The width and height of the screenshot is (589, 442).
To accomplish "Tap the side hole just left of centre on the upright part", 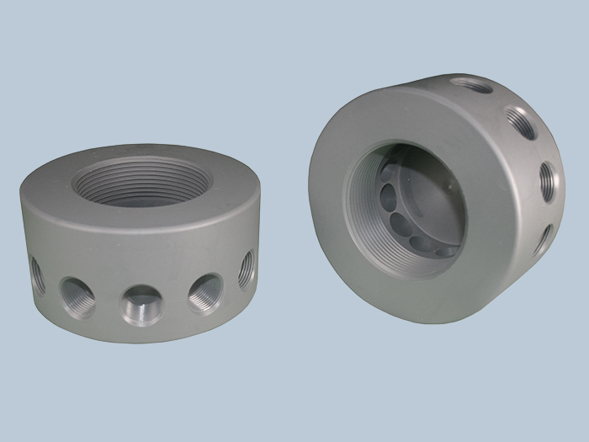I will click(x=78, y=296).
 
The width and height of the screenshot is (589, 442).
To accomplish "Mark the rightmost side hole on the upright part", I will click(x=247, y=269).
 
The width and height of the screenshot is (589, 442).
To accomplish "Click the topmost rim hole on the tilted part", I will click(x=472, y=85).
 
